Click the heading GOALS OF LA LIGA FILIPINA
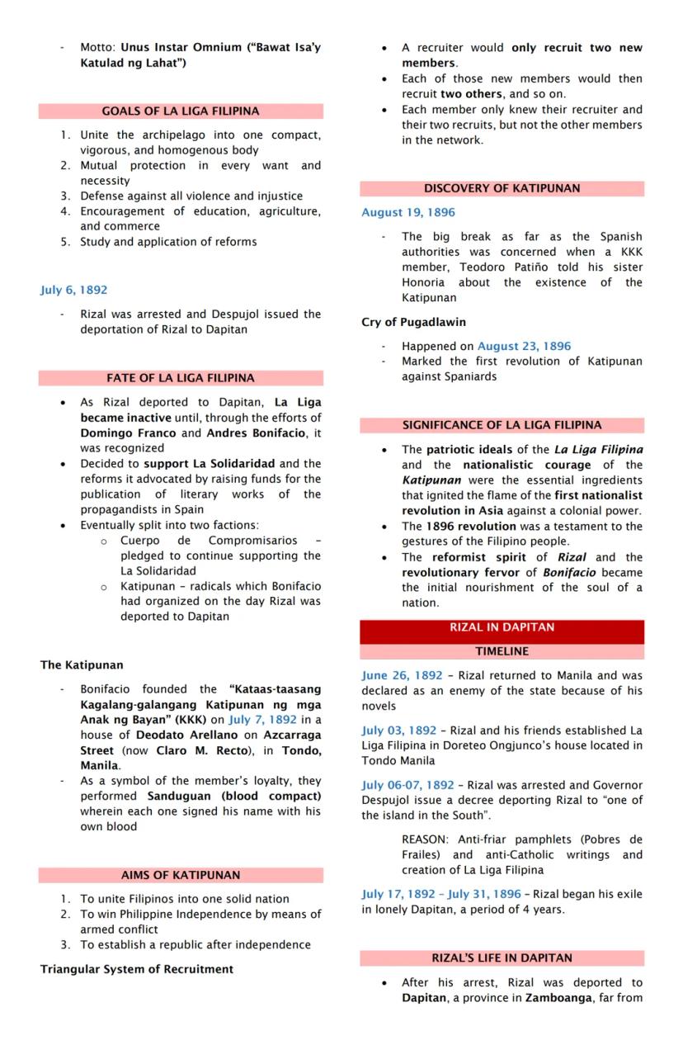pyautogui.click(x=180, y=111)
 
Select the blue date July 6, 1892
pyautogui.click(x=73, y=291)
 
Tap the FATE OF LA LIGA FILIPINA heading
pyautogui.click(x=180, y=379)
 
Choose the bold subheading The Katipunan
pyautogui.click(x=82, y=664)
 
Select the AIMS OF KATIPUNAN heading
pyautogui.click(x=180, y=875)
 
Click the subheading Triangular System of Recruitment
pyautogui.click(x=137, y=969)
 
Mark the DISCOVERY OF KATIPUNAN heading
pyautogui.click(x=502, y=189)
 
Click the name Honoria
pyautogui.click(x=423, y=282)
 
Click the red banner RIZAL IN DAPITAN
pyautogui.click(x=502, y=627)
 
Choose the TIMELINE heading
pyautogui.click(x=502, y=651)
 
